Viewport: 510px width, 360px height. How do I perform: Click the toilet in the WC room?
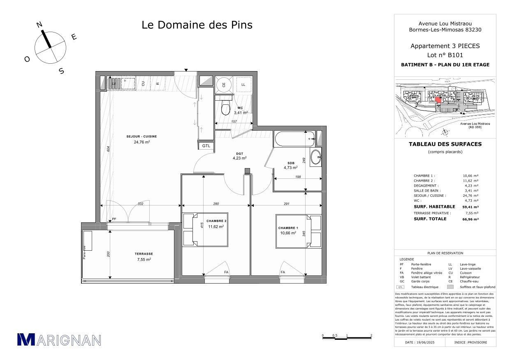pyautogui.click(x=225, y=108)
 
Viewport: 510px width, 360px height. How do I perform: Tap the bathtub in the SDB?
pyautogui.click(x=294, y=139)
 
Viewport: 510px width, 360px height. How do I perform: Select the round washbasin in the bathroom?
pyautogui.click(x=316, y=157)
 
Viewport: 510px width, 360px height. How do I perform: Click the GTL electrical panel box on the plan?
pyautogui.click(x=206, y=146)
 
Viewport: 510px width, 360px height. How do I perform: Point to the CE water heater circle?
pyautogui.click(x=224, y=84)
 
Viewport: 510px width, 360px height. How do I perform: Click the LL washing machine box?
pyautogui.click(x=243, y=84)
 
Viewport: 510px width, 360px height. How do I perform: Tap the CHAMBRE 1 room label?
pyautogui.click(x=287, y=228)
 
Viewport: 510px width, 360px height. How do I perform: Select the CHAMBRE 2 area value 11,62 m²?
pyautogui.click(x=216, y=226)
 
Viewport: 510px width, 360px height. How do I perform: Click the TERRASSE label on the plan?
pyautogui.click(x=144, y=254)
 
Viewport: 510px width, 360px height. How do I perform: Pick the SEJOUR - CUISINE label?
pyautogui.click(x=141, y=136)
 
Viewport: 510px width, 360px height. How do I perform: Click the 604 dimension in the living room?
pyautogui.click(x=109, y=150)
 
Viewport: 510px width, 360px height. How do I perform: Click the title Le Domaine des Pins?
pyautogui.click(x=197, y=25)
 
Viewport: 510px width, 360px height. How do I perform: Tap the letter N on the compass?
pyautogui.click(x=39, y=25)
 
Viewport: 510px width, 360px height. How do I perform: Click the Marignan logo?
pyautogui.click(x=59, y=339)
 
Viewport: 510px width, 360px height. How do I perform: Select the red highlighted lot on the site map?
pyautogui.click(x=438, y=99)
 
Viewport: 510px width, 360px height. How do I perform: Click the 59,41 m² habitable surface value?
pyautogui.click(x=470, y=207)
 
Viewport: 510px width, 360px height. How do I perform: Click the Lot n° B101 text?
pyautogui.click(x=445, y=55)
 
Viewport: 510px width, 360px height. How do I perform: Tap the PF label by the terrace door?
pyautogui.click(x=114, y=219)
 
